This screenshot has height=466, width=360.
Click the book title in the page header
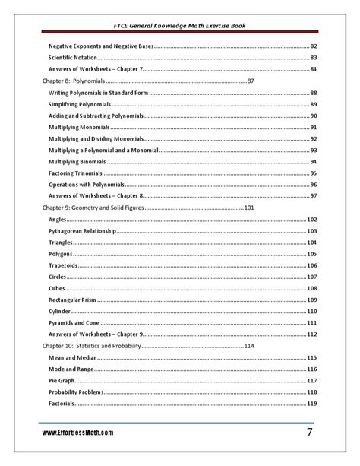coord(180,26)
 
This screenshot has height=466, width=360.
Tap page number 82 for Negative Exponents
coord(313,46)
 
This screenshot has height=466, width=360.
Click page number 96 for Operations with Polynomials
coord(313,185)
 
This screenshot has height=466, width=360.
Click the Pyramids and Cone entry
coord(74,322)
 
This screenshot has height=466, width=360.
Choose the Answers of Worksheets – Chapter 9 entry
coord(95,334)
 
